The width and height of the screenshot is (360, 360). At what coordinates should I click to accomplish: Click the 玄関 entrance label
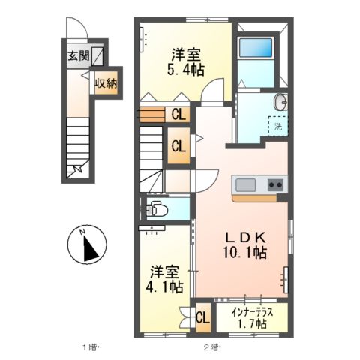pyautogui.click(x=79, y=56)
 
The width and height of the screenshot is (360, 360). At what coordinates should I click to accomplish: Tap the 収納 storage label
pyautogui.click(x=106, y=83)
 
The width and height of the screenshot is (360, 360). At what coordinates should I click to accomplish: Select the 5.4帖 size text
pyautogui.click(x=186, y=70)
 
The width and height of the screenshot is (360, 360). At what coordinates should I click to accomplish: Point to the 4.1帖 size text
pyautogui.click(x=164, y=287)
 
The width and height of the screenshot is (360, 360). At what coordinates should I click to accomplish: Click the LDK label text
pyautogui.click(x=245, y=238)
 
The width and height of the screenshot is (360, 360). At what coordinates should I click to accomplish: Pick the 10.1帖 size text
pyautogui.click(x=245, y=253)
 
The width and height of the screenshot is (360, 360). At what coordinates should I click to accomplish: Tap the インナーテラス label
pyautogui.click(x=252, y=312)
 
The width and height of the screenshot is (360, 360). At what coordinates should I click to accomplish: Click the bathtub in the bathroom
pyautogui.click(x=256, y=48)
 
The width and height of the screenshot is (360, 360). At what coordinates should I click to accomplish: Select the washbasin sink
pyautogui.click(x=281, y=102)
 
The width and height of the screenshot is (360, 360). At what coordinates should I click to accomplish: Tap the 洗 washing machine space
pyautogui.click(x=278, y=126)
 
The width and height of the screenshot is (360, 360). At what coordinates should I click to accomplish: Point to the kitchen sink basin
pyautogui.click(x=246, y=185)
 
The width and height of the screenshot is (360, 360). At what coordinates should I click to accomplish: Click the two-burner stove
pyautogui.click(x=276, y=185)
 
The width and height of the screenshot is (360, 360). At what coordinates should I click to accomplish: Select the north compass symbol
pyautogui.click(x=87, y=244)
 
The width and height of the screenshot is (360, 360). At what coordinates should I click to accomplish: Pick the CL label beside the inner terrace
pyautogui.click(x=202, y=318)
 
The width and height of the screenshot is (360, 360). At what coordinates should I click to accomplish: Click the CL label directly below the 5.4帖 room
pyautogui.click(x=178, y=115)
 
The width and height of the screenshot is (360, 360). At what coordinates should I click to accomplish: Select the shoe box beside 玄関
pyautogui.click(x=97, y=57)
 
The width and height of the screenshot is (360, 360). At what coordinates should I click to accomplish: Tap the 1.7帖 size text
pyautogui.click(x=252, y=324)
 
